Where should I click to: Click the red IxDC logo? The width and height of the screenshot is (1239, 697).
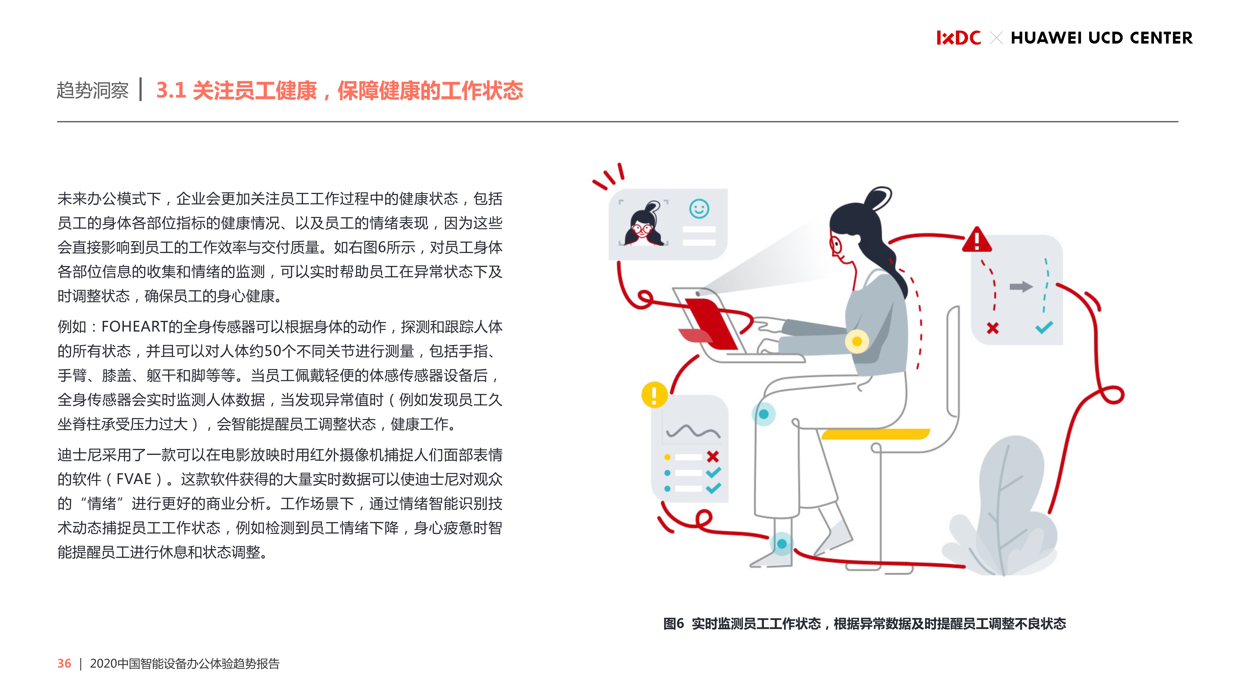(958, 37)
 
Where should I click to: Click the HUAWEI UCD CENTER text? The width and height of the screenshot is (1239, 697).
(1101, 37)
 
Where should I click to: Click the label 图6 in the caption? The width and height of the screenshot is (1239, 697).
(673, 624)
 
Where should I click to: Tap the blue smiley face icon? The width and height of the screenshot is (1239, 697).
(699, 209)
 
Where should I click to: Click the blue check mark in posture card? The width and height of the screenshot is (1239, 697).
(1044, 328)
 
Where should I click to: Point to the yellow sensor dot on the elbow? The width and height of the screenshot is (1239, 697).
(857, 342)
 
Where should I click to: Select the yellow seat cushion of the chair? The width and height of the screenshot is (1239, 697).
(875, 434)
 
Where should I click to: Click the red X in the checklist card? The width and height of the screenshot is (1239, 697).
(713, 456)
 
